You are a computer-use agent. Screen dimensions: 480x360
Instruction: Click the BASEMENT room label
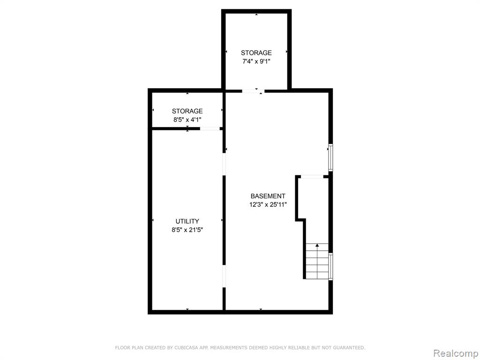tap(268, 196)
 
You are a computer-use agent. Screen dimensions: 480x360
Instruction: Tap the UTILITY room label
tap(187, 221)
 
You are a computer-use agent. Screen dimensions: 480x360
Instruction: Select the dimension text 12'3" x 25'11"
tap(268, 204)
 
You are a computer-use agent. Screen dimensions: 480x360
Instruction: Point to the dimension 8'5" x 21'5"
tap(187, 230)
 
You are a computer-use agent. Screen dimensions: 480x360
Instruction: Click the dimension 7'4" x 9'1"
tap(256, 61)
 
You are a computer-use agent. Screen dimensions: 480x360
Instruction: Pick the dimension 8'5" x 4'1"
tap(187, 120)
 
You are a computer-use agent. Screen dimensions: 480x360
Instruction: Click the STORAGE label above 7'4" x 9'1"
tap(256, 52)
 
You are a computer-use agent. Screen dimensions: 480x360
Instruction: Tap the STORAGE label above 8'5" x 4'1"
tap(187, 111)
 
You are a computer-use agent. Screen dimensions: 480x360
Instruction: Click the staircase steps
tap(317, 261)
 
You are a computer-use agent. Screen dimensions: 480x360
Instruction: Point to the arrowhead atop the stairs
tap(317, 245)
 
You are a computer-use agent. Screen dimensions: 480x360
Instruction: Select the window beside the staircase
tap(330, 266)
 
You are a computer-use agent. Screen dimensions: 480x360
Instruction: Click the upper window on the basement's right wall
tap(330, 157)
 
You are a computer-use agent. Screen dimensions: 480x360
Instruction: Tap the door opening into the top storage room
tap(253, 90)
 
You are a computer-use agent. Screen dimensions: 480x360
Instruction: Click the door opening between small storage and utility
tap(210, 128)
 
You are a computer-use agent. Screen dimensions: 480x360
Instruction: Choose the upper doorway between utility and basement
tap(224, 164)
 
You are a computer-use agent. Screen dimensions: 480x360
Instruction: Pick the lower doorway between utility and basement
tap(224, 276)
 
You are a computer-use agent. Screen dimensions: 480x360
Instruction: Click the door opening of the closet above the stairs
tap(312, 177)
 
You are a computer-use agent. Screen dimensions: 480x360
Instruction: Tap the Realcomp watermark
tap(456, 353)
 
